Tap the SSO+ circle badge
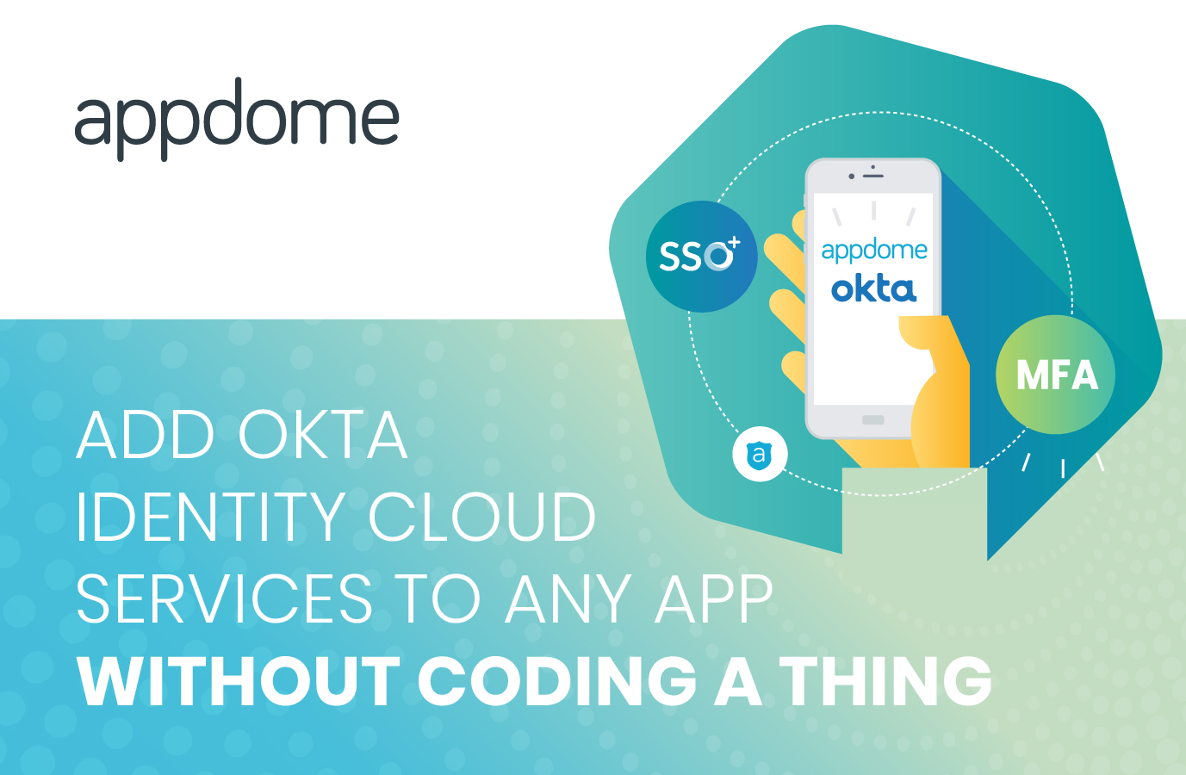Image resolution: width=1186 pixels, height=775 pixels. (701, 256)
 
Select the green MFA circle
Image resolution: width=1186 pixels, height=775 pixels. (1056, 375)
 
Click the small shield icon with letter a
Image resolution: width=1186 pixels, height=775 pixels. (760, 454)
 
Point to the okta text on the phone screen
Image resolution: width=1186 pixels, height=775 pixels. (873, 289)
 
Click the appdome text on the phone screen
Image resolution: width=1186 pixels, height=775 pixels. (873, 251)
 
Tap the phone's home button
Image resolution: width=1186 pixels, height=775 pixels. (873, 420)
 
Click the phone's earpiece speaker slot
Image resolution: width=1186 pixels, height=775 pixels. (873, 176)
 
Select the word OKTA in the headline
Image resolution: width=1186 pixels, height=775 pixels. (322, 436)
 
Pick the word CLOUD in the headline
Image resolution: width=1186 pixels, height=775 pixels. (482, 518)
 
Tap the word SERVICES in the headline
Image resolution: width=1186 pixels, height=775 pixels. (224, 599)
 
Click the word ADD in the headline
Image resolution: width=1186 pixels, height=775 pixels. (146, 436)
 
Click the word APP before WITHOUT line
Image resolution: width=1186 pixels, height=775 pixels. (714, 599)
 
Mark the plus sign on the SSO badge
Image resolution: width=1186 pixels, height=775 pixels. (734, 243)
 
